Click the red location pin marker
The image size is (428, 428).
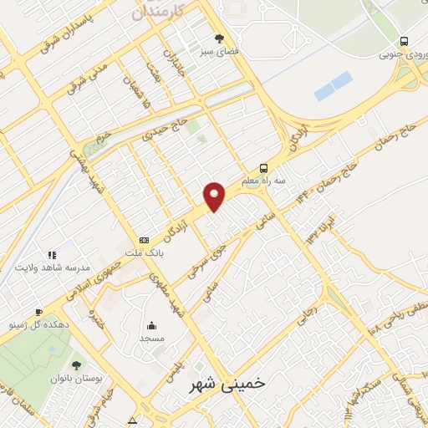[x=215, y=196]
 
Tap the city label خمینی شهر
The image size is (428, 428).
[x=222, y=383]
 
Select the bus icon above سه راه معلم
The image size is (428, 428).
[x=263, y=166]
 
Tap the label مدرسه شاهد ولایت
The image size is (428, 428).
[x=53, y=267]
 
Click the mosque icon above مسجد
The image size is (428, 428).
[x=151, y=325]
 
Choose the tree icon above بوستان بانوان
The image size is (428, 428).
[x=76, y=365]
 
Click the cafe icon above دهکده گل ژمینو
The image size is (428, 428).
[x=13, y=308]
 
